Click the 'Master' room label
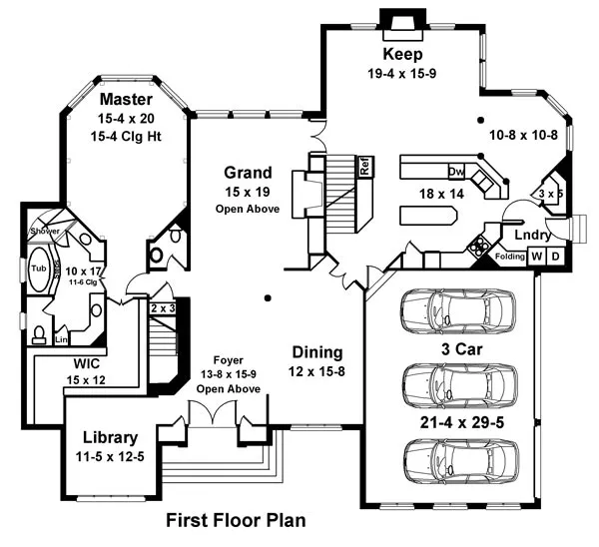click(x=127, y=100)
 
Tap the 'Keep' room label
click(x=403, y=54)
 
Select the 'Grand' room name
click(x=248, y=173)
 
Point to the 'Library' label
click(x=110, y=437)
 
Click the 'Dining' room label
click(x=317, y=352)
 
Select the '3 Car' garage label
click(x=462, y=349)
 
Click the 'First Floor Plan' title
click(x=236, y=520)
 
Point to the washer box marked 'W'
click(x=536, y=257)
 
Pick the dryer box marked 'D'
click(x=555, y=257)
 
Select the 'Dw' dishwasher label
click(x=455, y=170)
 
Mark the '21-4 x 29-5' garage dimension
click(x=461, y=424)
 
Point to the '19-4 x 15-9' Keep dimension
click(x=403, y=73)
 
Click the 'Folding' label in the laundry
click(x=510, y=258)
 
